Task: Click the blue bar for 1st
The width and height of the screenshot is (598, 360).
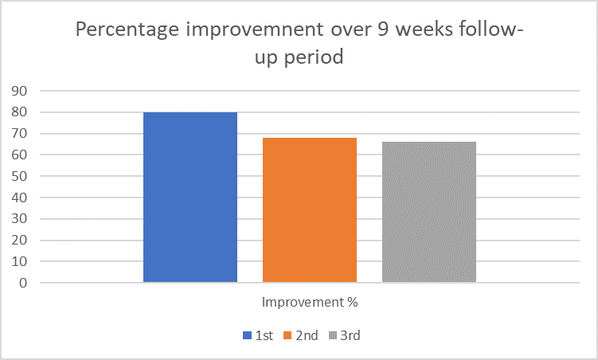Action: (x=190, y=198)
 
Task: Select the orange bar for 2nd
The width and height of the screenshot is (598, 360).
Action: (x=310, y=209)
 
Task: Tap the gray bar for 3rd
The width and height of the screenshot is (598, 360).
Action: (x=429, y=212)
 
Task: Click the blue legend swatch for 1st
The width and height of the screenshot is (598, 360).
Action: (x=247, y=335)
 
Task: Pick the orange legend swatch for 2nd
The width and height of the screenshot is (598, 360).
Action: (x=287, y=335)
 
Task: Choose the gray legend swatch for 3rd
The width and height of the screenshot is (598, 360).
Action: (x=333, y=335)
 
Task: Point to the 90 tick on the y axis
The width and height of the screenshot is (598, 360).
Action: (x=19, y=91)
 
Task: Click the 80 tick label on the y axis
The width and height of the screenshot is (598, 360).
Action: (x=19, y=112)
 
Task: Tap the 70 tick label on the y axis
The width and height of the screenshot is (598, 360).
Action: (x=19, y=134)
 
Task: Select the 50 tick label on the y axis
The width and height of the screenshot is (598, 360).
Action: (x=19, y=176)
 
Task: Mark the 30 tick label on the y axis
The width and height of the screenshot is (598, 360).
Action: (x=19, y=219)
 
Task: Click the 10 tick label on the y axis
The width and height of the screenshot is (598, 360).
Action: (x=19, y=261)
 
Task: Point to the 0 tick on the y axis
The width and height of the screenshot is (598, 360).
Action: (x=24, y=283)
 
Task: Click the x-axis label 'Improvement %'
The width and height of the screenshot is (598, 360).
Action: (x=310, y=302)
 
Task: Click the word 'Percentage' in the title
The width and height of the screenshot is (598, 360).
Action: (x=127, y=30)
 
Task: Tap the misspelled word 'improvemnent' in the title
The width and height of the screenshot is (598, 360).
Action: (x=255, y=30)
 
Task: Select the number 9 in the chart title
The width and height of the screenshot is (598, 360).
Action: (x=382, y=29)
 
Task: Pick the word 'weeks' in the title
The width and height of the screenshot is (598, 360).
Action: (x=424, y=29)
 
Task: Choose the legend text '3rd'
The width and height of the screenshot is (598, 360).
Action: (x=350, y=335)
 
